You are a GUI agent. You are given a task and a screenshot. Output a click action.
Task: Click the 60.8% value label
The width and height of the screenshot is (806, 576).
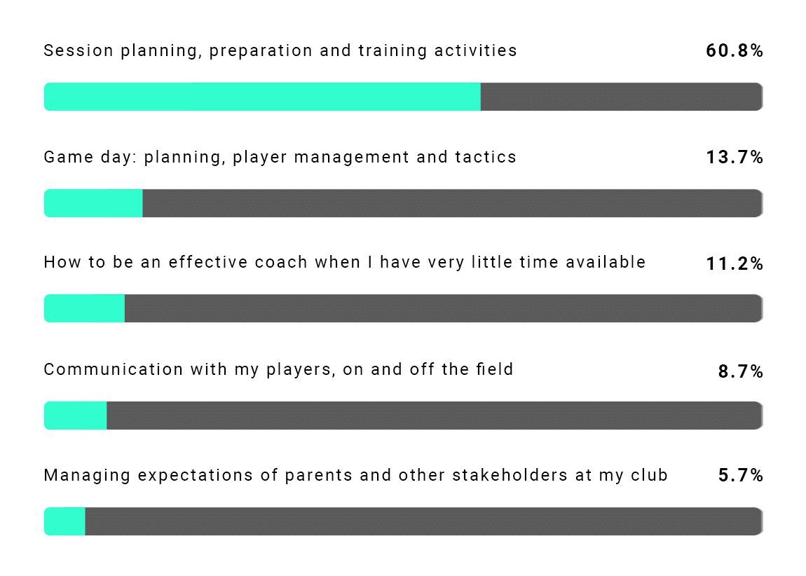(x=734, y=50)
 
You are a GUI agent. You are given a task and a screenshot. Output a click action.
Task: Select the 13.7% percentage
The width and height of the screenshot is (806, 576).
(x=734, y=157)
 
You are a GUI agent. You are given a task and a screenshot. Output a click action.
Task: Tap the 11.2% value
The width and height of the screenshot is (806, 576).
(x=734, y=263)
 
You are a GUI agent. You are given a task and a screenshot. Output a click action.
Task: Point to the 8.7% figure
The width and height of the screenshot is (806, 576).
(x=740, y=371)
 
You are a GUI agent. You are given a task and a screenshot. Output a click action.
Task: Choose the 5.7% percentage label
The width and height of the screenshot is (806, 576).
(x=740, y=476)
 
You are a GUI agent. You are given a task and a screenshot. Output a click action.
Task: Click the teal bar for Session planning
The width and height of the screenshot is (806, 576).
(x=262, y=97)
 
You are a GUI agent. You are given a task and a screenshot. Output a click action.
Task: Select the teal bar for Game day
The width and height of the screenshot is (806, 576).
(x=93, y=203)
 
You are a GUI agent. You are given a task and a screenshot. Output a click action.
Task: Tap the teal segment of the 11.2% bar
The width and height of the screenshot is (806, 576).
(x=84, y=308)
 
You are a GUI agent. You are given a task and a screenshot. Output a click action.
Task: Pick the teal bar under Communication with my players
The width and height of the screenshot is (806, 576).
(x=76, y=416)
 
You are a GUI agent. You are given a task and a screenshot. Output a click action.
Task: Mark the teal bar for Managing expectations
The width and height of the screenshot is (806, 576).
(x=64, y=521)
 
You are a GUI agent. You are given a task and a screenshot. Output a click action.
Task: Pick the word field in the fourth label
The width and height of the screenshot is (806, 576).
(x=497, y=369)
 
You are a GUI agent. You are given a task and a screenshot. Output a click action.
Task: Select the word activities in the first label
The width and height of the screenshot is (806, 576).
(x=483, y=50)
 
